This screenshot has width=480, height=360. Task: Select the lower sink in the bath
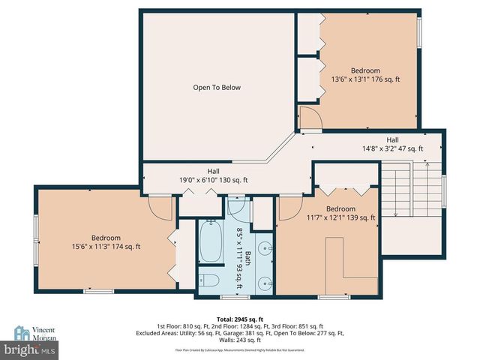point(263,282)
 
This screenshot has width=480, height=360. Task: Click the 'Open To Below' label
point(217,88)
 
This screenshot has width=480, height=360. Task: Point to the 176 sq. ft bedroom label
point(365,75)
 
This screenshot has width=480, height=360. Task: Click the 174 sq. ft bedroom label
point(106,241)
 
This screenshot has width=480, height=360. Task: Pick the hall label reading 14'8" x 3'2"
point(392,145)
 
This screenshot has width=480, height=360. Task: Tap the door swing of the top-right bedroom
point(309,118)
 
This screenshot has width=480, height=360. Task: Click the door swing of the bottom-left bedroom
point(160,207)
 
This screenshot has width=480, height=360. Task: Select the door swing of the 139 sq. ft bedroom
point(288,208)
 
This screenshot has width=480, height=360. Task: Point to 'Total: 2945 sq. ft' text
point(239,319)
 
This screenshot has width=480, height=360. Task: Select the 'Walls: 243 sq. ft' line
point(239,340)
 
